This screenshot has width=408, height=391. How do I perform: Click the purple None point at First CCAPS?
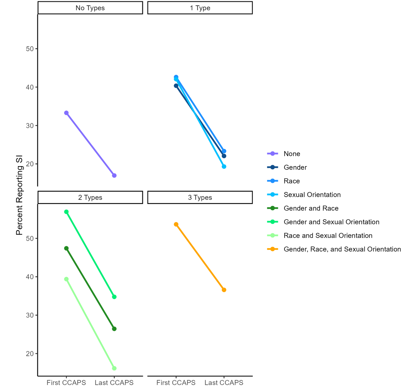(x=66, y=113)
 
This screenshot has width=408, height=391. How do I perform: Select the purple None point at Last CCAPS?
(x=114, y=176)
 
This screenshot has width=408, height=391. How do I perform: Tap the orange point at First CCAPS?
(x=176, y=224)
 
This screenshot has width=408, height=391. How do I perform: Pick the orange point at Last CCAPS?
(x=224, y=290)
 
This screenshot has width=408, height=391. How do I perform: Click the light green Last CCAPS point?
(x=114, y=368)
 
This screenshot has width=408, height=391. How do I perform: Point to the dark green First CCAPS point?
(x=66, y=248)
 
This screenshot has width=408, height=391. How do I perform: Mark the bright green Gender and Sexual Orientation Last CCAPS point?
(x=114, y=297)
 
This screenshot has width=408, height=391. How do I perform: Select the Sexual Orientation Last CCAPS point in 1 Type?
(x=224, y=167)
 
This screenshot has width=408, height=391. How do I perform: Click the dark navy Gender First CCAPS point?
(x=176, y=86)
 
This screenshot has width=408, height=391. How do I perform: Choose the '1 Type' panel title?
(x=200, y=8)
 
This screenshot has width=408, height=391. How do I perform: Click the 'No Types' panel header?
(x=90, y=8)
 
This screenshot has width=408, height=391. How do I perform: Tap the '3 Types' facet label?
(x=200, y=198)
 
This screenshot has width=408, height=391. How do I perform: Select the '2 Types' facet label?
(x=90, y=198)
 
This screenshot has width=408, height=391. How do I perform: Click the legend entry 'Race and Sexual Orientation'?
(x=328, y=236)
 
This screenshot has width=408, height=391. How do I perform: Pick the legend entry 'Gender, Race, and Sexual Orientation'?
(x=342, y=249)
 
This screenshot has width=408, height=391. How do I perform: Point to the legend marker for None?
(x=272, y=154)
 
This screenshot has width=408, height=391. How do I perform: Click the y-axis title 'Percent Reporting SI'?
(x=19, y=195)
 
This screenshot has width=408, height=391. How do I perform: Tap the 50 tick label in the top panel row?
(x=30, y=49)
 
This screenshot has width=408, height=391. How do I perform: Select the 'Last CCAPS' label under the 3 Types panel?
(x=224, y=383)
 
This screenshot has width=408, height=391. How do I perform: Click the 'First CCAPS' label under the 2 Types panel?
(x=66, y=383)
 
